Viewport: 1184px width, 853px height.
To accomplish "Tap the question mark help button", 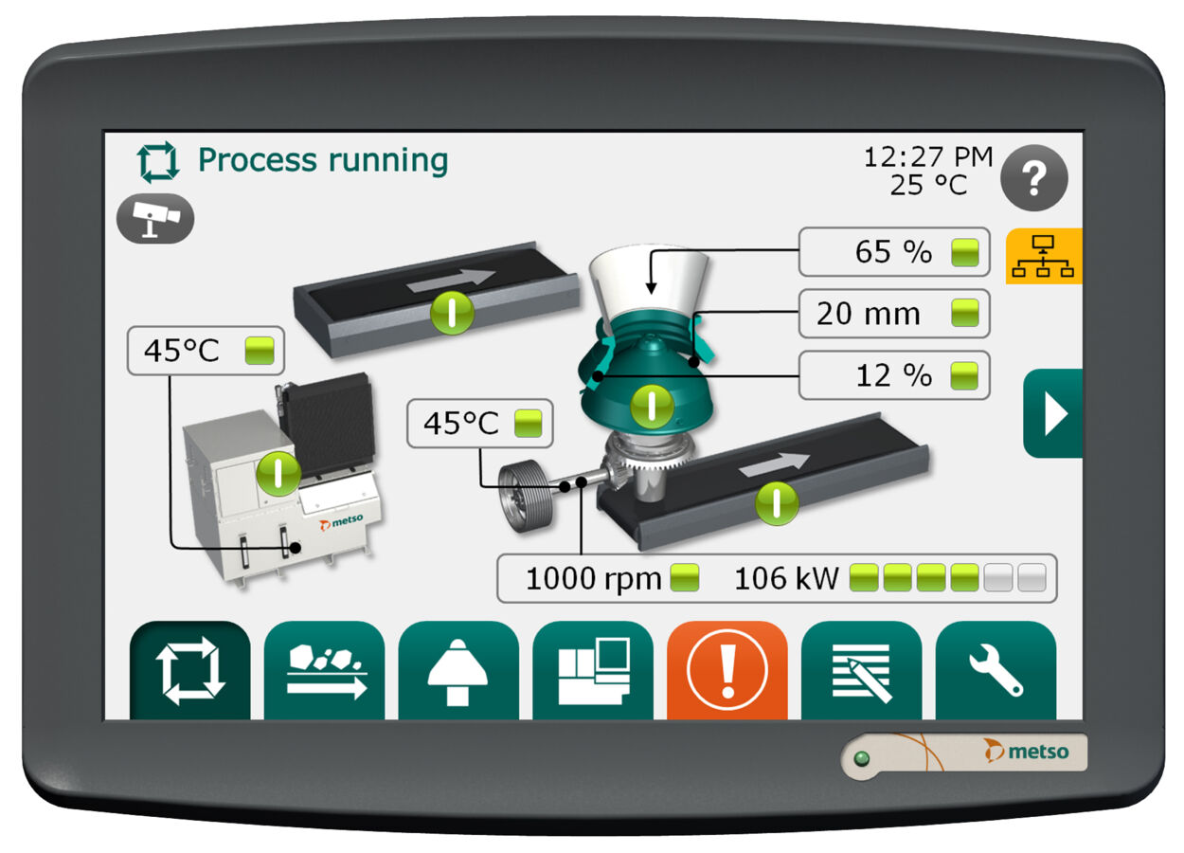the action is (1034, 177).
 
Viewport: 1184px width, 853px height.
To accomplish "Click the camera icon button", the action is (155, 218).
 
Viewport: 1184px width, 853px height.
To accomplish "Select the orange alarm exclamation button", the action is (727, 670).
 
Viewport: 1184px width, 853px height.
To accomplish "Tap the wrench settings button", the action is (996, 670).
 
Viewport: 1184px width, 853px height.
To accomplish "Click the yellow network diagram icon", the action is (1044, 256).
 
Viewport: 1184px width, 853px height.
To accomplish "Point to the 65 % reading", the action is (893, 252).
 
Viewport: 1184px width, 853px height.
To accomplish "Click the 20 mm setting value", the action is (868, 314).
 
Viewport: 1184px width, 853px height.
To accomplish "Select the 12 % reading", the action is (893, 375).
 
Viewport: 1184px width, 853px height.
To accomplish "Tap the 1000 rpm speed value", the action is (593, 578).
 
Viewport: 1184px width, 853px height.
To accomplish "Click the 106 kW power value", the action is (786, 578).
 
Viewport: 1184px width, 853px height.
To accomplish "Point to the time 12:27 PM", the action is (928, 157).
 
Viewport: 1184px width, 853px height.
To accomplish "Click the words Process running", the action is (323, 160).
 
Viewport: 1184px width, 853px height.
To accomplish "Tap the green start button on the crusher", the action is (652, 407).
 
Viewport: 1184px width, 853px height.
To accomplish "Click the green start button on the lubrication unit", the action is (278, 473).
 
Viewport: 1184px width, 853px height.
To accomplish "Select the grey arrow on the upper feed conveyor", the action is (451, 281).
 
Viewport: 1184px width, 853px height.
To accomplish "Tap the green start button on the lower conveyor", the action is (777, 503).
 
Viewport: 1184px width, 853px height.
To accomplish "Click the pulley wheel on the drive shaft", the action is (526, 496).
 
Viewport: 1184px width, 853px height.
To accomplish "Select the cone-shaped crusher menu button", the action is (457, 670).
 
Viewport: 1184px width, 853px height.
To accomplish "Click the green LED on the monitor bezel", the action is (862, 759).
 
